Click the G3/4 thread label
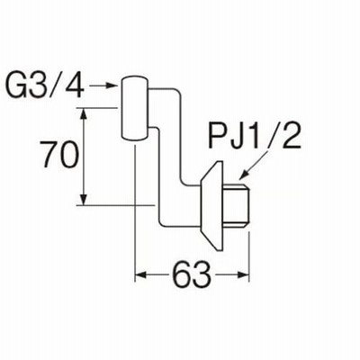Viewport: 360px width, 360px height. [x=45, y=85]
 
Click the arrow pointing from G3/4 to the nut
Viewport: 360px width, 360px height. [x=103, y=85]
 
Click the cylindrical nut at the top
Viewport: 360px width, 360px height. [x=134, y=108]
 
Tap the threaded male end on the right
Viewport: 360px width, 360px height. [x=237, y=205]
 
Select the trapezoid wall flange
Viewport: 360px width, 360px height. [x=212, y=205]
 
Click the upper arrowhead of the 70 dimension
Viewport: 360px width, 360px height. [x=84, y=113]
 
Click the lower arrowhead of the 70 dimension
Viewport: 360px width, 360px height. [x=84, y=200]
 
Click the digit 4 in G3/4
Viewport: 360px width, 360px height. [x=74, y=86]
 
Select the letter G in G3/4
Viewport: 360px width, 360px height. [x=16, y=86]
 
